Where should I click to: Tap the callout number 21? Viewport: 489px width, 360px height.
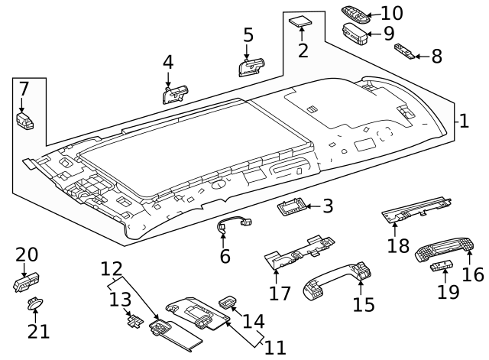coord(39,331)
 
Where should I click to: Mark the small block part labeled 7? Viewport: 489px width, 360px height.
coord(24,119)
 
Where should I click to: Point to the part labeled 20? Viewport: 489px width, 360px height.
coord(24,283)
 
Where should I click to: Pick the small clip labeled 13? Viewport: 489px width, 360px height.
coord(134,319)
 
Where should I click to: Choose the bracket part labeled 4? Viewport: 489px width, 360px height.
coord(174,94)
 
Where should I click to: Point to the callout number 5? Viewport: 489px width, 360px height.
coord(248,34)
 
